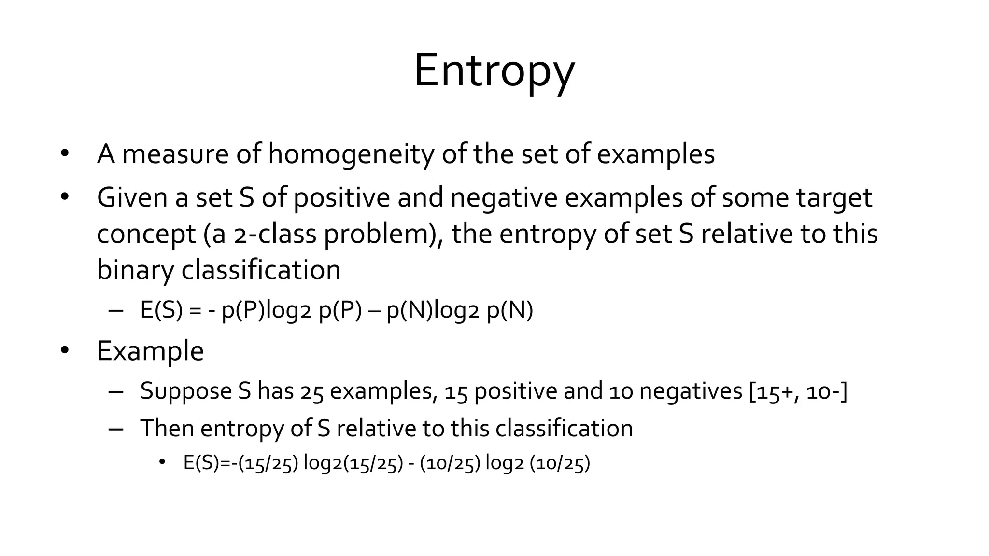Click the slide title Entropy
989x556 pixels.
click(494, 71)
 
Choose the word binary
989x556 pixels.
click(135, 270)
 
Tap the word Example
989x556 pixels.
click(150, 351)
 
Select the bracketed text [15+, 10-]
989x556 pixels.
click(798, 391)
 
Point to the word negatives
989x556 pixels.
click(691, 391)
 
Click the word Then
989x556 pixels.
click(167, 428)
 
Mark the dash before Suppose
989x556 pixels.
click(116, 391)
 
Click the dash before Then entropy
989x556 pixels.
click(116, 429)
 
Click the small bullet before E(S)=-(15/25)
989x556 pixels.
click(162, 462)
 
